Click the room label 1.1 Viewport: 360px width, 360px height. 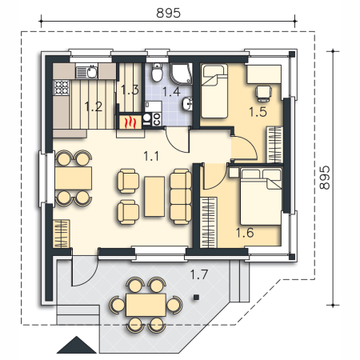click(x=151, y=156)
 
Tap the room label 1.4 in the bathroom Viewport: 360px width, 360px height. click(x=171, y=91)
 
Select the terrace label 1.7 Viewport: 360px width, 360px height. click(x=199, y=274)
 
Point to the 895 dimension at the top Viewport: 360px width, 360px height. click(x=168, y=13)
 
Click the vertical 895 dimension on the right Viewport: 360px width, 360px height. click(x=325, y=178)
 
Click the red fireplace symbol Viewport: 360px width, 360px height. click(x=130, y=122)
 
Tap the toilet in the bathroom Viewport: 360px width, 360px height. click(x=157, y=72)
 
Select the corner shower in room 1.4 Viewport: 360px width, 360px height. click(x=182, y=74)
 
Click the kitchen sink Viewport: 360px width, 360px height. click(x=87, y=72)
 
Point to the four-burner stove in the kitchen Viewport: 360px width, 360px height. click(x=62, y=87)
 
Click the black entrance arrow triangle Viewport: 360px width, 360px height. click(x=77, y=345)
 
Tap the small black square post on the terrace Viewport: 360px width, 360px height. click(x=196, y=297)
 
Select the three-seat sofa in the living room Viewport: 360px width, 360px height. click(x=181, y=197)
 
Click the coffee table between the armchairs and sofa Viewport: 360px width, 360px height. click(x=154, y=196)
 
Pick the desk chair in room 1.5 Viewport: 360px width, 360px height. click(x=263, y=94)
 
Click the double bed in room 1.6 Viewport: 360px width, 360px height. click(x=261, y=196)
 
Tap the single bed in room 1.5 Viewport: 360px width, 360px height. click(x=214, y=91)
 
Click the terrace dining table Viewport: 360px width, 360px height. click(x=146, y=305)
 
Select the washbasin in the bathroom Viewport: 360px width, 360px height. click(x=187, y=103)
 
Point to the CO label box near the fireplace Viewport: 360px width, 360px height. click(x=157, y=119)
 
